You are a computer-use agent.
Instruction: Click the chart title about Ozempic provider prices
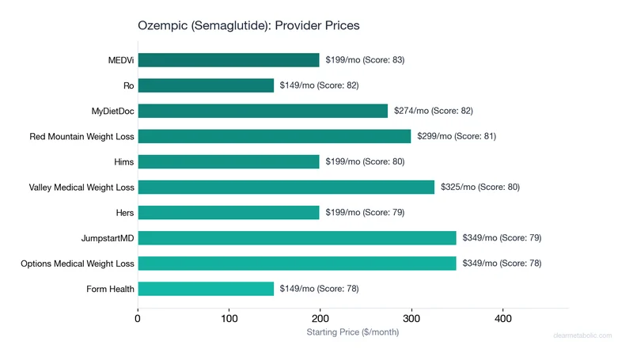(x=249, y=25)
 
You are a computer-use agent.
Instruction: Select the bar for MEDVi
(x=229, y=60)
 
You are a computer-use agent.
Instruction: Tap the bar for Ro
(x=206, y=85)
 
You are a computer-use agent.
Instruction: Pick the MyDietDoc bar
(x=263, y=111)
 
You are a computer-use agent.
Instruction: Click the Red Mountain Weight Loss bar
(x=275, y=136)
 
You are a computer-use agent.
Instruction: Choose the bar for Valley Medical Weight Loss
(x=286, y=187)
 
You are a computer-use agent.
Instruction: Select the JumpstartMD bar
(x=297, y=237)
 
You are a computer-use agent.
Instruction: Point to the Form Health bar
(x=206, y=289)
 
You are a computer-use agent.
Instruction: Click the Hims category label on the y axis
(x=123, y=161)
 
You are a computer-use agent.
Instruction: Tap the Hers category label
(x=123, y=212)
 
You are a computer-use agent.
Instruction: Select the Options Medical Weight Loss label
(x=78, y=263)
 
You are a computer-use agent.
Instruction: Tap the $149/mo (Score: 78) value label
(x=319, y=289)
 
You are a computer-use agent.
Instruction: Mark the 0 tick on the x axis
(x=138, y=319)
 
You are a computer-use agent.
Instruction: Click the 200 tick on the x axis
(x=320, y=319)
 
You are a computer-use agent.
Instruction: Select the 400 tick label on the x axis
(x=502, y=319)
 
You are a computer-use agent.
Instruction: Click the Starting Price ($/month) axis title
(x=353, y=332)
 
